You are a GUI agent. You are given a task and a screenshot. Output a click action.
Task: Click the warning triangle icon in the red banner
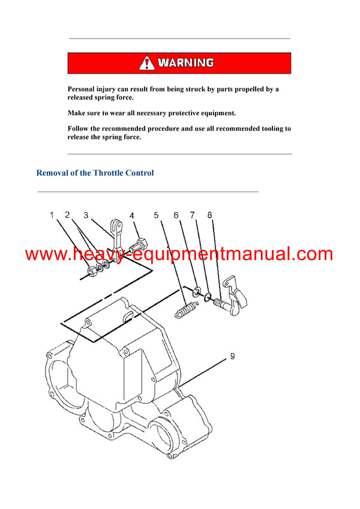[147, 63]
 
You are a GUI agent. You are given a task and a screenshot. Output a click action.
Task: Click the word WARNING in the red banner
[185, 63]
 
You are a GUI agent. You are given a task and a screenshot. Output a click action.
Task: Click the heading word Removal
[53, 173]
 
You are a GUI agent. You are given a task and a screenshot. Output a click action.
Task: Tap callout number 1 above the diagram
[52, 215]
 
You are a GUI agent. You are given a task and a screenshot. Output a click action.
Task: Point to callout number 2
[68, 215]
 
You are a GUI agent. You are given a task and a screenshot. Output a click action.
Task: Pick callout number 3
[86, 215]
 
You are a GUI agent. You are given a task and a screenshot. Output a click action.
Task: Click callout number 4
[131, 215]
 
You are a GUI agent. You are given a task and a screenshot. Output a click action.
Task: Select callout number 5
[156, 215]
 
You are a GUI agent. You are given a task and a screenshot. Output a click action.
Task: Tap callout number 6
[176, 215]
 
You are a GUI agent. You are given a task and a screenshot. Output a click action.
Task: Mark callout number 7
[192, 215]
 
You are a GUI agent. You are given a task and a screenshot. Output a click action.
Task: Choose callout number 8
[209, 215]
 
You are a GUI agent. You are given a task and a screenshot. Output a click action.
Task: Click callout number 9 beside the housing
[232, 356]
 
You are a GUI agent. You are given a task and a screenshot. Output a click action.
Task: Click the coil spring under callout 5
[185, 311]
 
